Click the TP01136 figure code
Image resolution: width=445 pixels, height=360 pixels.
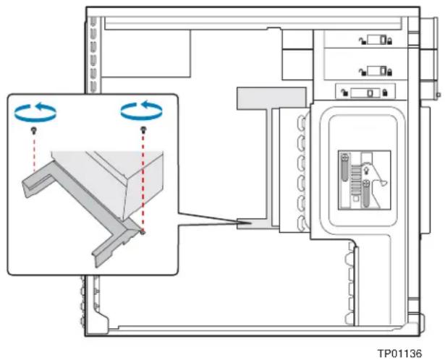(x=399, y=353)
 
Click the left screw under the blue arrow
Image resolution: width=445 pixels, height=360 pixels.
(x=34, y=130)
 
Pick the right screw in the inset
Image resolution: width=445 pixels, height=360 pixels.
(x=143, y=129)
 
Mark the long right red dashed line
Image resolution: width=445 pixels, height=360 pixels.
(x=143, y=181)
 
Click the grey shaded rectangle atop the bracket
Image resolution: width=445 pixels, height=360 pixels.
(x=271, y=98)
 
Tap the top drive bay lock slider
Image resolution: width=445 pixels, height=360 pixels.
(x=376, y=40)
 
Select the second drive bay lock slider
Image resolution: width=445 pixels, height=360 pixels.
(x=376, y=71)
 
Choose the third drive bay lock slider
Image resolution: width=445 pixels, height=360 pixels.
(x=365, y=93)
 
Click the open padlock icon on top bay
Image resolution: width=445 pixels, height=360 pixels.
(x=362, y=41)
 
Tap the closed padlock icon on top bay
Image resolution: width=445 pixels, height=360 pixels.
(x=389, y=41)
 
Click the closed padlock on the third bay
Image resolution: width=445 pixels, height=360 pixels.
(x=385, y=93)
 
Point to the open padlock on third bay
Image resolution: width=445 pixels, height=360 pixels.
(x=344, y=93)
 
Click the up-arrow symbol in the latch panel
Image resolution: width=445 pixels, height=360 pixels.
(x=366, y=171)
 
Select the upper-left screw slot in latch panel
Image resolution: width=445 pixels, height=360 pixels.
(x=344, y=168)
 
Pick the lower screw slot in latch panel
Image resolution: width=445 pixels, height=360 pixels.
(x=366, y=194)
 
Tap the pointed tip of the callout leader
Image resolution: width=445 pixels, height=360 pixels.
(x=251, y=223)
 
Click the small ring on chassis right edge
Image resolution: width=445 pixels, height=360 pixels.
(x=438, y=95)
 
